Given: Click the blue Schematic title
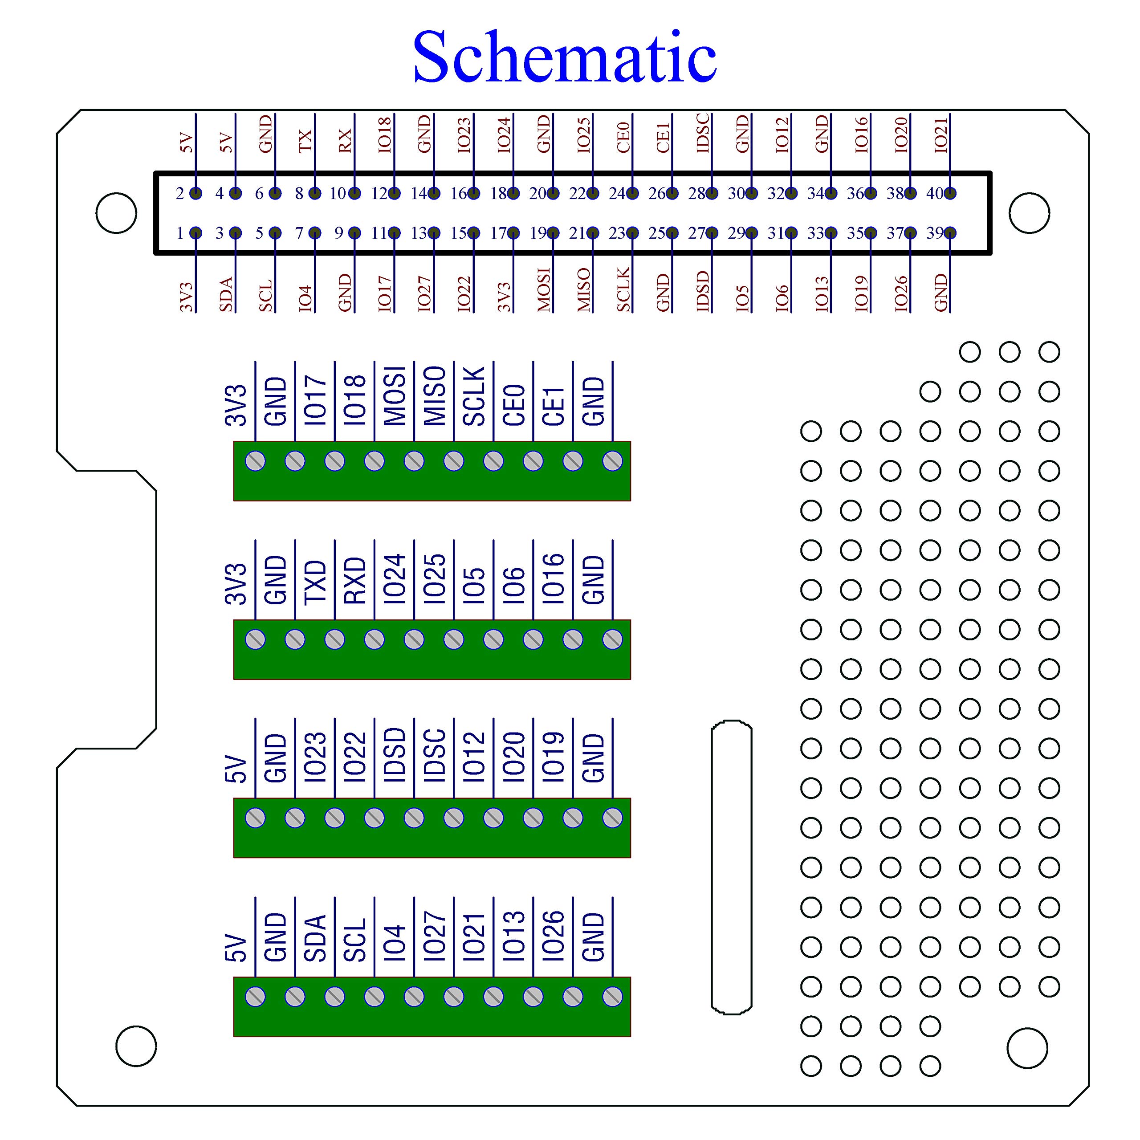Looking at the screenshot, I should [x=565, y=57].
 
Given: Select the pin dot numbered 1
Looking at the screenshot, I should [x=196, y=233].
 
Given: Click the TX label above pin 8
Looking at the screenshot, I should [x=305, y=141].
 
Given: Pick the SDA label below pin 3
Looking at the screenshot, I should [x=226, y=294].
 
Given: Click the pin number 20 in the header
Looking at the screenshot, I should [x=537, y=194].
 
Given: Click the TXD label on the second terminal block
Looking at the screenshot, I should [x=315, y=582].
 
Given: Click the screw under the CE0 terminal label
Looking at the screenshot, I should [x=533, y=461].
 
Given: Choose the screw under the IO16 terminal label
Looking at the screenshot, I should [x=573, y=639].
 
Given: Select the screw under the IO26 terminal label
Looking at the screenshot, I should [x=573, y=997].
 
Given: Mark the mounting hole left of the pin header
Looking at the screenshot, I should [x=116, y=213].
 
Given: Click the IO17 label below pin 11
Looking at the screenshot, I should [x=384, y=293].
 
